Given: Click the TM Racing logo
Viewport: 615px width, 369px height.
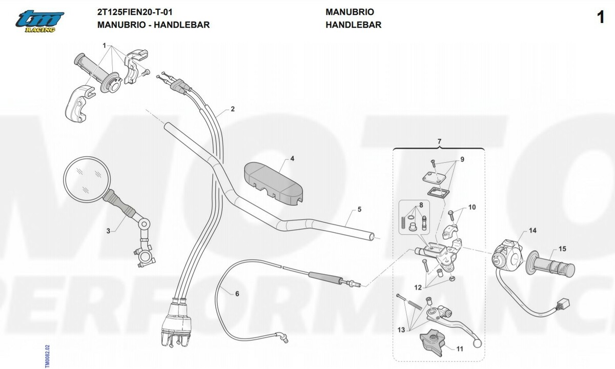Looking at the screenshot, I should [39, 21].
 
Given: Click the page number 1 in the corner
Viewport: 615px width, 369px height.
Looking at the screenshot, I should [601, 18].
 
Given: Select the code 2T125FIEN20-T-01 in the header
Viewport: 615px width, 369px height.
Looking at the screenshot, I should [134, 12].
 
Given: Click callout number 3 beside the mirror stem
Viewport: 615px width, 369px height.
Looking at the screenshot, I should [108, 231].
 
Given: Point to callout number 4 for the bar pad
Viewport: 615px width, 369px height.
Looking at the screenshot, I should [292, 159].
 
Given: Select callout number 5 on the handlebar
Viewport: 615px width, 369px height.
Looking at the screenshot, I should [359, 209].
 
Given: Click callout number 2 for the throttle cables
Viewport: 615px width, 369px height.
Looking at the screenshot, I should [233, 109].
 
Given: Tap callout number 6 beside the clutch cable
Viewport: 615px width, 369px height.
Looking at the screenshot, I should [237, 294].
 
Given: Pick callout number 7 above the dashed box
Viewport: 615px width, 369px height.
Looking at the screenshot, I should [439, 140].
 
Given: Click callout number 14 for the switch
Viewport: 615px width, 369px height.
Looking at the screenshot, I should [532, 231].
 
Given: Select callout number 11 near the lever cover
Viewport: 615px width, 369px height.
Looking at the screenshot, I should [459, 349].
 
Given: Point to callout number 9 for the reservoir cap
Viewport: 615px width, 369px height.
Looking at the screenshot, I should [462, 159].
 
